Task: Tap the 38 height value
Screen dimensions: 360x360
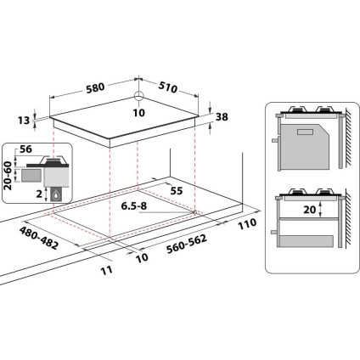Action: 222,118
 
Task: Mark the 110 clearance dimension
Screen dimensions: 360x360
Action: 247,224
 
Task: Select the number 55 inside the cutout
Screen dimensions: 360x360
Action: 176,192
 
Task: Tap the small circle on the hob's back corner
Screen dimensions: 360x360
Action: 138,96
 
